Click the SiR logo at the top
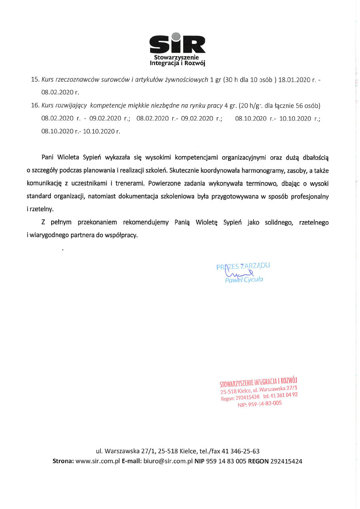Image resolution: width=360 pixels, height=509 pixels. [178, 44]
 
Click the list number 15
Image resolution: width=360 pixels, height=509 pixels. [34, 79]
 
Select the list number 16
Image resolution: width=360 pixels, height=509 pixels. [34, 106]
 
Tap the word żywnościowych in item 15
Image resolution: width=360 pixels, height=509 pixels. [186, 79]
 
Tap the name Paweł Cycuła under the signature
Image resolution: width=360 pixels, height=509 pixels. [244, 280]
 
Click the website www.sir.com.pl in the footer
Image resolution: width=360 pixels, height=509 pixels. [97, 461]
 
